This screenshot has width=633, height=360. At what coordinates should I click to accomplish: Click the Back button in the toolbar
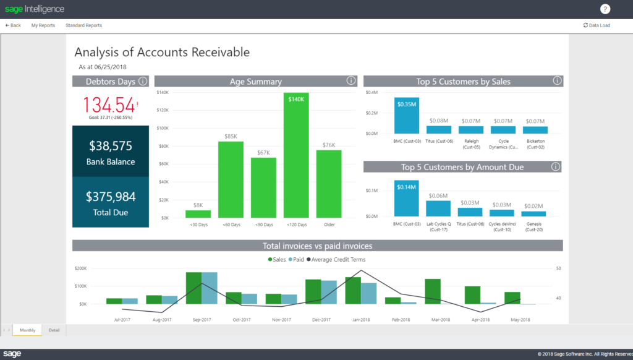(13, 25)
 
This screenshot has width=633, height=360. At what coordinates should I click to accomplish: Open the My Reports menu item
(43, 25)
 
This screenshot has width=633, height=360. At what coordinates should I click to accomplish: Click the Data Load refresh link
(597, 25)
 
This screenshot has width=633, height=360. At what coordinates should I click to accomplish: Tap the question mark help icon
(605, 9)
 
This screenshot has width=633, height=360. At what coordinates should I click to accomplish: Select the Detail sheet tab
(54, 330)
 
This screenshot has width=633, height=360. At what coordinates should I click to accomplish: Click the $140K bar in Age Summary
(296, 155)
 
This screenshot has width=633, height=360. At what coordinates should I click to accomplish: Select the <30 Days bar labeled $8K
(198, 214)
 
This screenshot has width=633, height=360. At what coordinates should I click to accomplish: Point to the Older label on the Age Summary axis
(329, 225)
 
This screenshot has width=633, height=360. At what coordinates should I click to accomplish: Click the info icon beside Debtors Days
(143, 81)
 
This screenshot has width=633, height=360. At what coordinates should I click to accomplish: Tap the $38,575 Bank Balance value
(111, 146)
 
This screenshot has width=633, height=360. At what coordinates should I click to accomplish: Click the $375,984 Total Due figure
(111, 197)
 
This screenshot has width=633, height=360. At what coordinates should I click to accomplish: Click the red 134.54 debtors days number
(109, 103)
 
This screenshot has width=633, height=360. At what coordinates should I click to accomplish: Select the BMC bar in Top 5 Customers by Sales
(406, 116)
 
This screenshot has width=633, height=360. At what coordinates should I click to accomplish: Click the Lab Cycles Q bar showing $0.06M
(438, 208)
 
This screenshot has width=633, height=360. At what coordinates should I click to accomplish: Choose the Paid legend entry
(297, 260)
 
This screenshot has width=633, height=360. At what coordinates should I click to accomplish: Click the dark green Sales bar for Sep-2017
(193, 288)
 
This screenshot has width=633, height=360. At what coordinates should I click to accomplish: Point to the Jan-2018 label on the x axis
(360, 320)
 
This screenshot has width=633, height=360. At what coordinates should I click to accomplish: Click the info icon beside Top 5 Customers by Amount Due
(556, 166)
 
